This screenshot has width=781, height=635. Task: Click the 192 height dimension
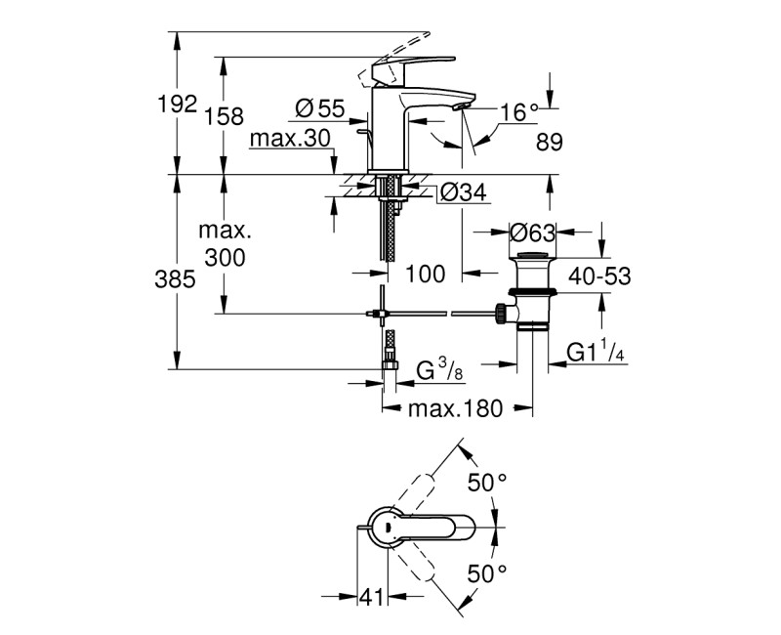click(178, 105)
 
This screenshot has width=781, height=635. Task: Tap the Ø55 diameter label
click(319, 109)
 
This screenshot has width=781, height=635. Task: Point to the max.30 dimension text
click(290, 139)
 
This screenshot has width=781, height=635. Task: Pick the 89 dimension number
click(550, 143)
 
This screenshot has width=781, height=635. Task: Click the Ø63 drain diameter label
click(533, 233)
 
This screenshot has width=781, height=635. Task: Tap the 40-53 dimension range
click(597, 277)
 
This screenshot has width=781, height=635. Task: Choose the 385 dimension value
click(177, 278)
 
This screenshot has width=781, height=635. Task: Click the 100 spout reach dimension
click(425, 275)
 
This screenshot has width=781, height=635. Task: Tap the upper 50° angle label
click(487, 482)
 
